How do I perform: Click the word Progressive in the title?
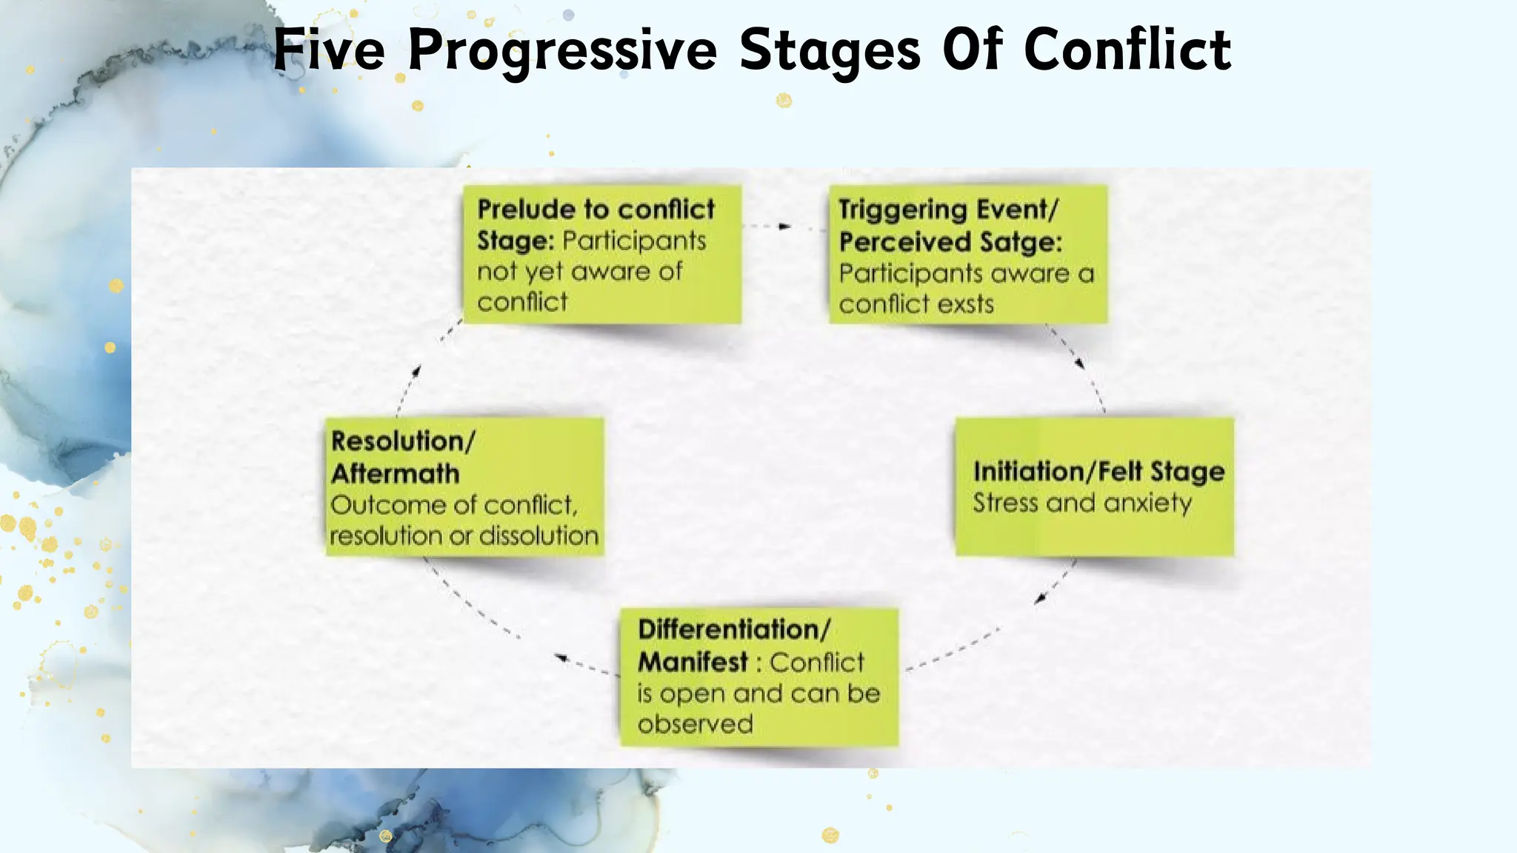[561, 50]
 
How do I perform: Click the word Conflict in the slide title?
[1127, 50]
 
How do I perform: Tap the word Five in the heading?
[329, 50]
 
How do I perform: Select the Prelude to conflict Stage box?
[601, 254]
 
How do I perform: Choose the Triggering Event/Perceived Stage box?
[967, 254]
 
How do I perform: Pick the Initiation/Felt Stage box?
[1094, 486]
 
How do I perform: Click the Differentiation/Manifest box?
[758, 677]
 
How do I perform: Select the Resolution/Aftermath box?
[464, 486]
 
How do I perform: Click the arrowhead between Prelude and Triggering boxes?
[785, 226]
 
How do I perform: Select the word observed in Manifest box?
[695, 724]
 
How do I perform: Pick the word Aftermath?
[396, 474]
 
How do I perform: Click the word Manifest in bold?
[693, 662]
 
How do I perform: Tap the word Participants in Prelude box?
[633, 241]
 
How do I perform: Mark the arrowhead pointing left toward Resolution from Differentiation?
[561, 658]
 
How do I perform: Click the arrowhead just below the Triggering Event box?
[1080, 363]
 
